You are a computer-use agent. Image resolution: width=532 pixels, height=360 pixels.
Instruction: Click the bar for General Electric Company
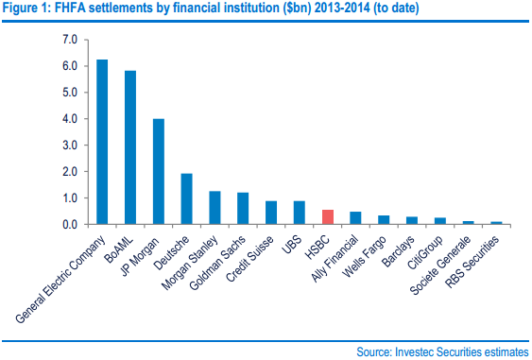tap(102, 143)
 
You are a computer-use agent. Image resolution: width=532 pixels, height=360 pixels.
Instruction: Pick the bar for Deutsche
tap(186, 199)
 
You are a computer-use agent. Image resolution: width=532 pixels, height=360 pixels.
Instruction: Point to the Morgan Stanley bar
tap(215, 209)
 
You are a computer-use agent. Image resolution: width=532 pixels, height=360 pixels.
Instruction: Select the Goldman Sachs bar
tap(243, 209)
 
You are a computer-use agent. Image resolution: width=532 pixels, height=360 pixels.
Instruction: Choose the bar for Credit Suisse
tap(271, 214)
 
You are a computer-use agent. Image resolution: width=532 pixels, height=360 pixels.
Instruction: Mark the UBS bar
tap(299, 214)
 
